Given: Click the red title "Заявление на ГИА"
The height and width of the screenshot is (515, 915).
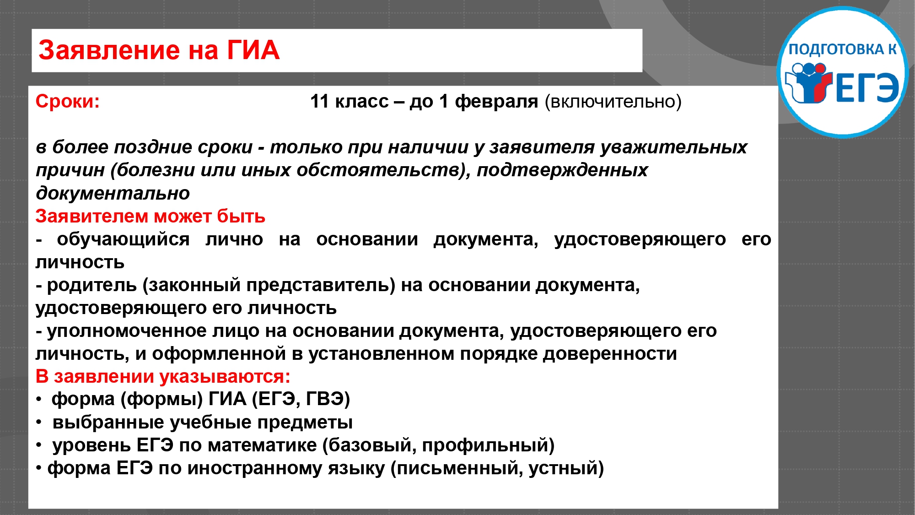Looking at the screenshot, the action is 159,50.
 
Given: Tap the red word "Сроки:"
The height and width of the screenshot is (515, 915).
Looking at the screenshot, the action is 68,102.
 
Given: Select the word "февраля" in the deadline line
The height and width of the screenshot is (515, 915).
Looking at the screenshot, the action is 496,102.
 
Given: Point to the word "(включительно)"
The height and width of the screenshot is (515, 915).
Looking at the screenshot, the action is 613,102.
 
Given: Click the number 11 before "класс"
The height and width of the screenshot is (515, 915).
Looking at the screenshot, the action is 319,101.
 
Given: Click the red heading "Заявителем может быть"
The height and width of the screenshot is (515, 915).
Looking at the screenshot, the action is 151,216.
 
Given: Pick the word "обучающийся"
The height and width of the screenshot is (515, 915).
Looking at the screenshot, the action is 123,239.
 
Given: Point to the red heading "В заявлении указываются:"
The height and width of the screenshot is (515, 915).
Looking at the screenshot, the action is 163,377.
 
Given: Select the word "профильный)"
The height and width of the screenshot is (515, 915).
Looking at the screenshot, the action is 488,445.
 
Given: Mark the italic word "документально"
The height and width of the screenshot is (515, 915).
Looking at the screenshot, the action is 113,194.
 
